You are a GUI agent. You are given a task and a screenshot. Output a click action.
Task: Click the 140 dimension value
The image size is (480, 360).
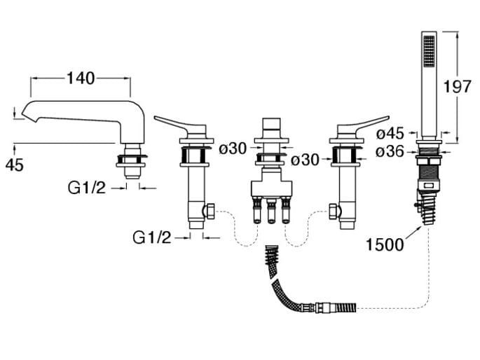point(81,78)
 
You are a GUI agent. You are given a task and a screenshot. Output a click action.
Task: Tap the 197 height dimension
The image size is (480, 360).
point(458,86)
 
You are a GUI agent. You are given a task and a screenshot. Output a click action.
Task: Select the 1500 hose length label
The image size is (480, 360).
point(385,244)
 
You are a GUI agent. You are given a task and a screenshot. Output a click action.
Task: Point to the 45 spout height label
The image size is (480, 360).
point(15,165)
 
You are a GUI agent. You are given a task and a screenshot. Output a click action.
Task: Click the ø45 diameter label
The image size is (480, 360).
point(391,133)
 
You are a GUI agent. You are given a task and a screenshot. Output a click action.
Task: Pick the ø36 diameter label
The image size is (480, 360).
point(391,151)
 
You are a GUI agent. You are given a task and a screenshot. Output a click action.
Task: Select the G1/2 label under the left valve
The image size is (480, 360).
point(152,237)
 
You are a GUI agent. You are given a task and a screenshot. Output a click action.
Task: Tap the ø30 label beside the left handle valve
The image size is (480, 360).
point(233,148)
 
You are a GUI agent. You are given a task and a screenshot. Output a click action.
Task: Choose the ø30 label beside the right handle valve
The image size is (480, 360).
point(306,160)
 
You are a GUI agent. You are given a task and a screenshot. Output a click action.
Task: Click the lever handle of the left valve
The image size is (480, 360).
point(174,124)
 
